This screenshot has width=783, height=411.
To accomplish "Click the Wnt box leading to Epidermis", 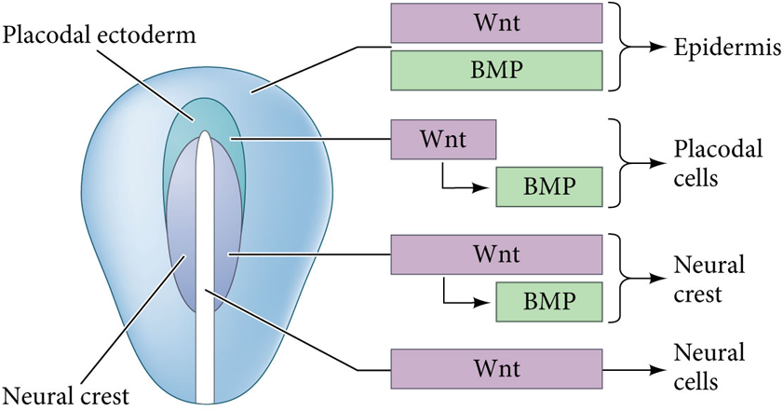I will [x=495, y=23].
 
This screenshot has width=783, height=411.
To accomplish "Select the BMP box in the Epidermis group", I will [x=495, y=70].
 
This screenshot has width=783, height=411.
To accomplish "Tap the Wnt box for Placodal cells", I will [x=442, y=139].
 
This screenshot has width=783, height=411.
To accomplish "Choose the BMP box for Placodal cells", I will [x=548, y=185].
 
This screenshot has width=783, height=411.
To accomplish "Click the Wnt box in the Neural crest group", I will [x=495, y=254].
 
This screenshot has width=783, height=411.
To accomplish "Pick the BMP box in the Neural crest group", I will [x=548, y=301].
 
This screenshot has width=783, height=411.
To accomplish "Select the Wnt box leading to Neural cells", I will [x=495, y=369].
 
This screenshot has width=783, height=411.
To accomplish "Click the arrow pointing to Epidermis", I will [x=652, y=47].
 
